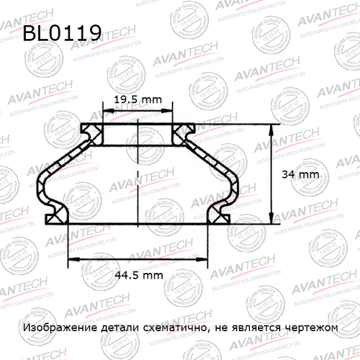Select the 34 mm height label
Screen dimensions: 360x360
point(298,175)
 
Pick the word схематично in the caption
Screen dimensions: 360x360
point(171,327)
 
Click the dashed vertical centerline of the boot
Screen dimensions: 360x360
point(138,180)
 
